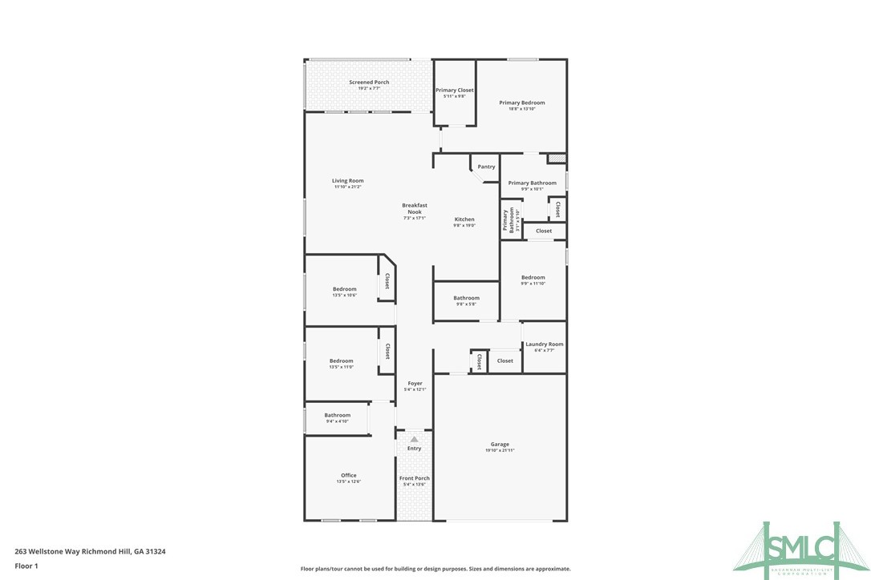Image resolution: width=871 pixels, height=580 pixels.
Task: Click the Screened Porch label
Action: tap(369, 82)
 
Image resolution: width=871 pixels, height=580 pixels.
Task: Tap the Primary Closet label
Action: tap(455, 91)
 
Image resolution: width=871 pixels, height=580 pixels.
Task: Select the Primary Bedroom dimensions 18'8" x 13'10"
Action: tap(521, 109)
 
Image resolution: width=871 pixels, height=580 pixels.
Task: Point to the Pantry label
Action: tap(486, 167)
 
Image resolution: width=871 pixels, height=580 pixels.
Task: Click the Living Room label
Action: tap(347, 181)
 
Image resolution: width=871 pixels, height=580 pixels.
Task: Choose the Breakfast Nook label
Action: tap(414, 208)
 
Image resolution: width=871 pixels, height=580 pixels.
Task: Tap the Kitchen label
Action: tap(464, 220)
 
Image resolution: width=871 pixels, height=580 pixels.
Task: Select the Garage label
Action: tap(500, 445)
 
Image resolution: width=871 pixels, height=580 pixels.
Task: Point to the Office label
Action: tap(348, 476)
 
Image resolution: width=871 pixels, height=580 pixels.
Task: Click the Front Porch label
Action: tap(415, 478)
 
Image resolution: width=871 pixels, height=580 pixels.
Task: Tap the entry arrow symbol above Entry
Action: tap(414, 439)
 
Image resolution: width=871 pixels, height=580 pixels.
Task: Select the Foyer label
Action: tap(415, 384)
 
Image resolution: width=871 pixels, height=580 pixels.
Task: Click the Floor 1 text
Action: tap(26, 566)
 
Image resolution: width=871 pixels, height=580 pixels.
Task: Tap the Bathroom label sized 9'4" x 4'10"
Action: tap(337, 415)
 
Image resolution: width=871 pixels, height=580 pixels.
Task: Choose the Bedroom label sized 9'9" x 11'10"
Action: tap(533, 278)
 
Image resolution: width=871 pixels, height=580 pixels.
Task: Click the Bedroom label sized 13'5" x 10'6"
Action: tap(344, 289)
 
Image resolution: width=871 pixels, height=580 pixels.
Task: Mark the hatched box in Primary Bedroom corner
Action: tap(557, 159)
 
